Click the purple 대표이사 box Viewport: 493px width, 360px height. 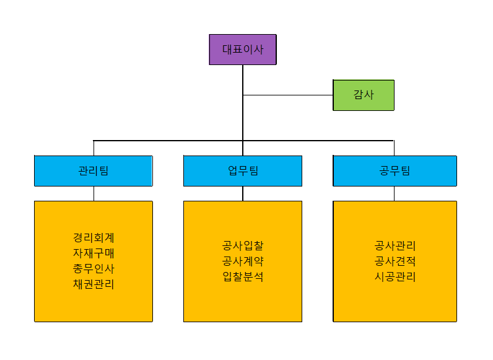tap(243, 50)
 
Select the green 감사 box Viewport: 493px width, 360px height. tap(364, 95)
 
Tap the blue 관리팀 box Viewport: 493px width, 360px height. tap(94, 171)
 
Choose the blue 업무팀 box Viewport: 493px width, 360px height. tap(243, 171)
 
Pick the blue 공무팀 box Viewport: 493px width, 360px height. tap(395, 171)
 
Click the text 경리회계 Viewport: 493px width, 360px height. tap(94, 237)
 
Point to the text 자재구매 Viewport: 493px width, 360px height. tap(94, 253)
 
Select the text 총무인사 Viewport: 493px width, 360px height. tap(94, 269)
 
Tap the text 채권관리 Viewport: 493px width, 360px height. tap(94, 284)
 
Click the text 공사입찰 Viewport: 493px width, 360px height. tap(243, 245)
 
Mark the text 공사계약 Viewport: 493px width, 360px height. tap(243, 261)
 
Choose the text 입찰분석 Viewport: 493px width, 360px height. tap(243, 276)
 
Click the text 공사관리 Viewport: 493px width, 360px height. tap(395, 245)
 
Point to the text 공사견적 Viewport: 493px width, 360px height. tap(395, 261)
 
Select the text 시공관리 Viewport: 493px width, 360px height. tap(395, 276)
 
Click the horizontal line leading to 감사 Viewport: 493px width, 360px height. tap(288, 95)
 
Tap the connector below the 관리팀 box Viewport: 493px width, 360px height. tap(94, 193)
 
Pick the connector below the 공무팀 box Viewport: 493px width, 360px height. tap(395, 193)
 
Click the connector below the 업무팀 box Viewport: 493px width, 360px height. tap(243, 193)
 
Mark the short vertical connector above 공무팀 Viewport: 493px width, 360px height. tap(395, 148)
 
